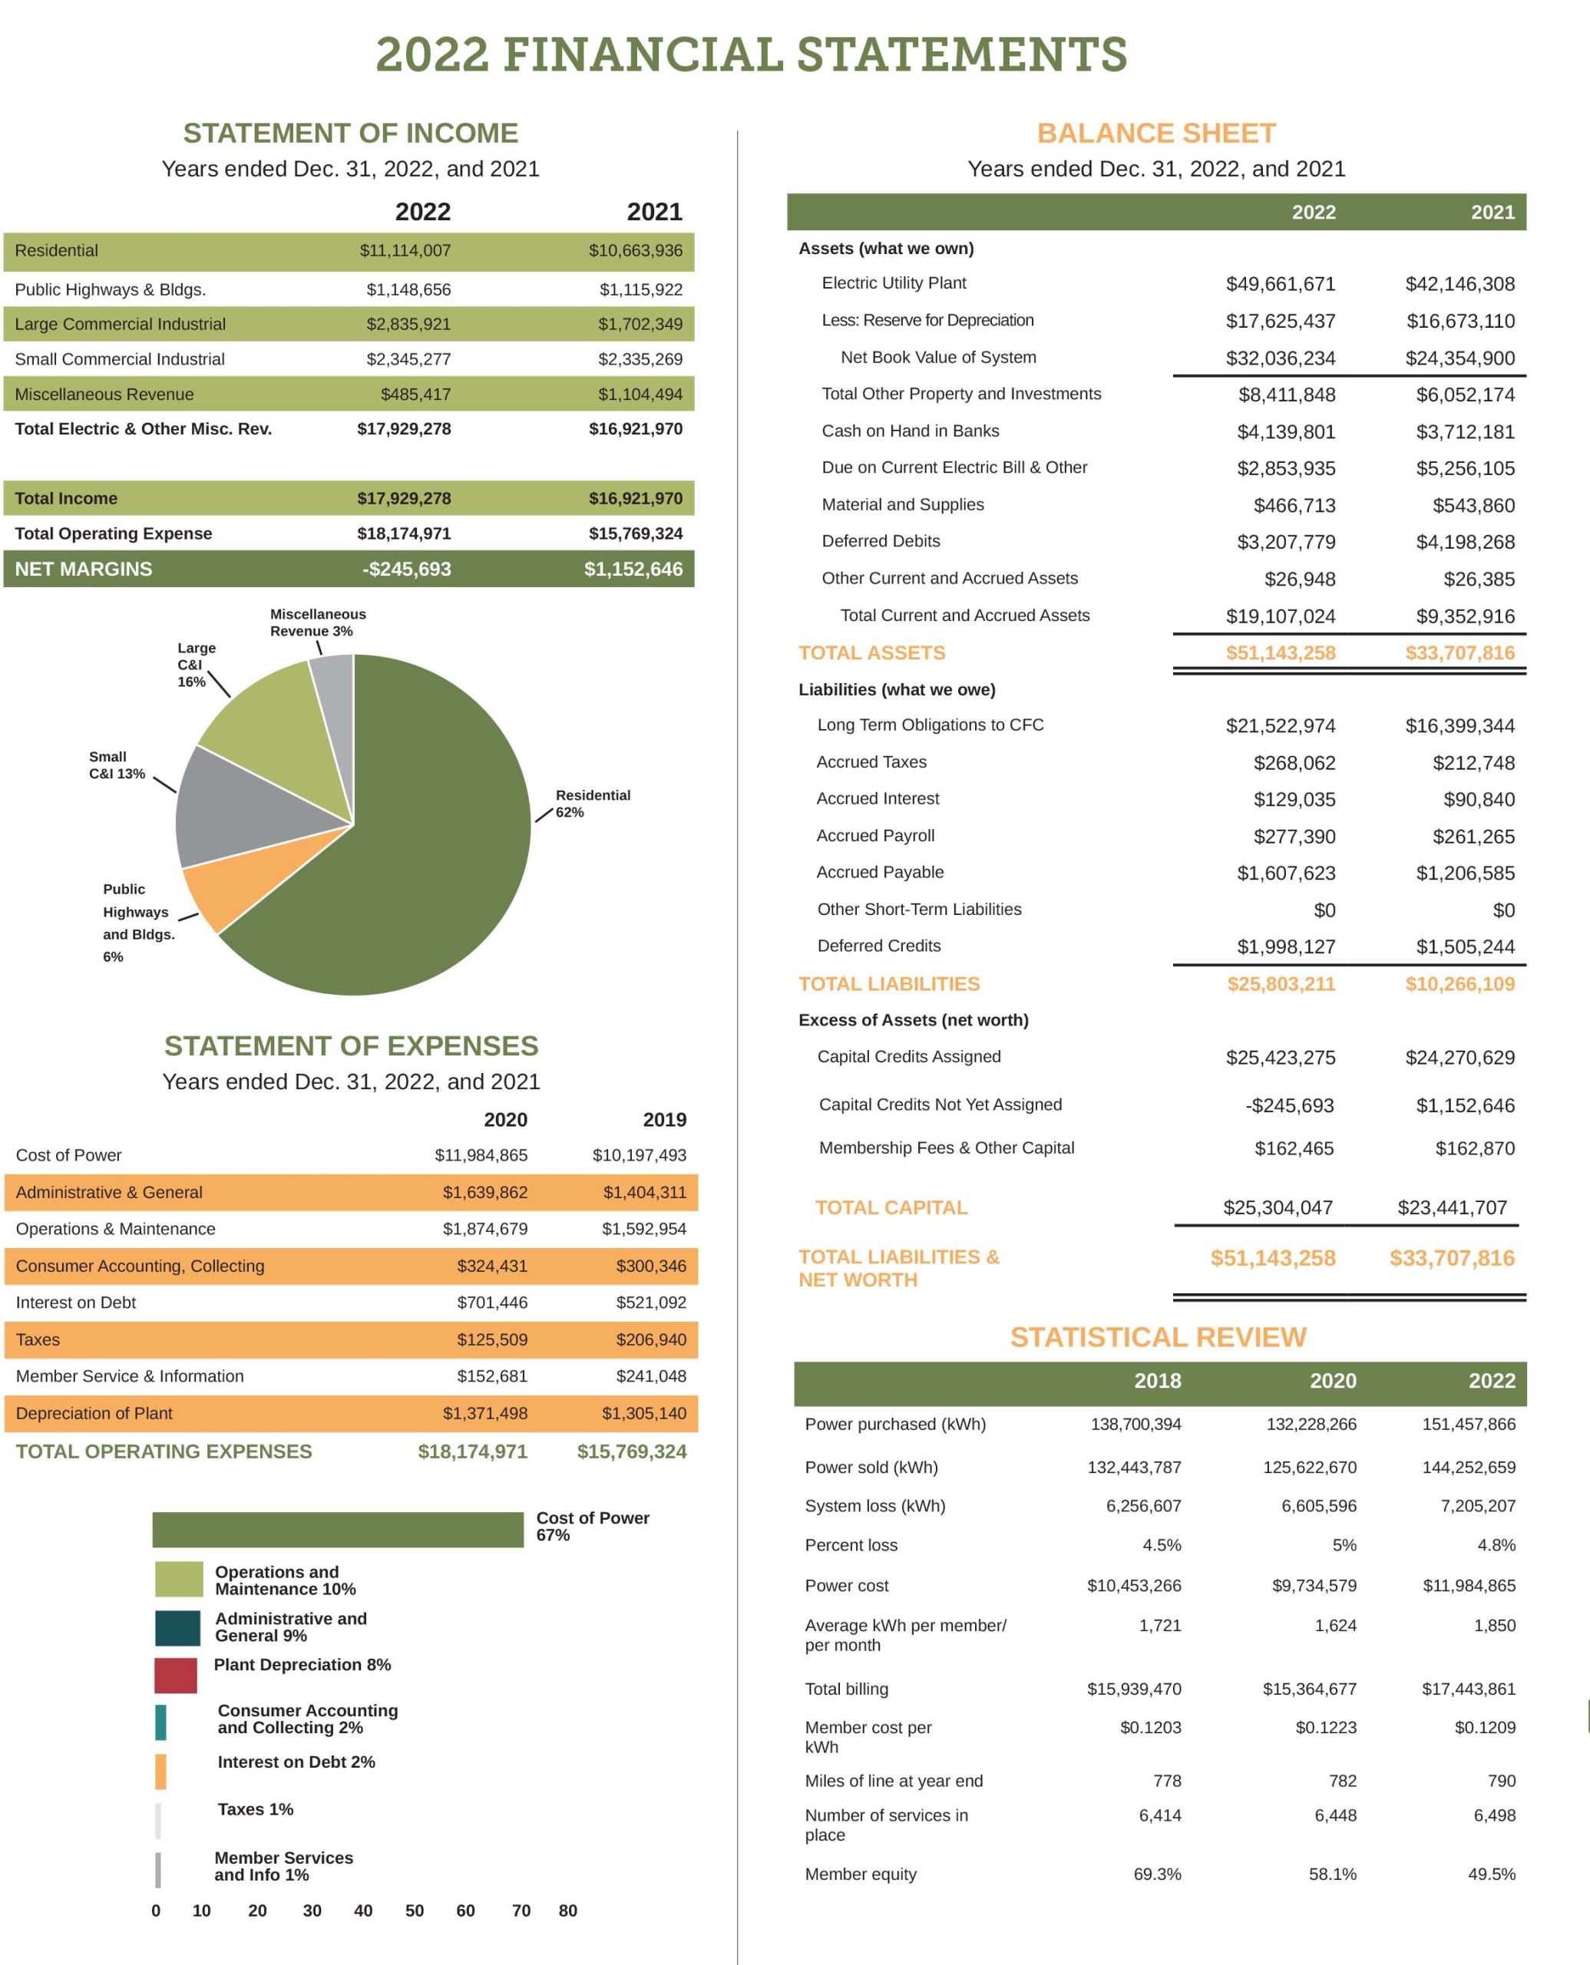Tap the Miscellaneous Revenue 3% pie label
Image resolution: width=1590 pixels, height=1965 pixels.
point(317,623)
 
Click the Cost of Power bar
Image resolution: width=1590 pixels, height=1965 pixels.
point(337,1529)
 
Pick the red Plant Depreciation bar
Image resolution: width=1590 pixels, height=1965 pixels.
point(176,1675)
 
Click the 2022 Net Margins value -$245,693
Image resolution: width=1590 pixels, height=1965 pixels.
point(407,569)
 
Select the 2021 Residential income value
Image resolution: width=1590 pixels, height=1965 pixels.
point(635,251)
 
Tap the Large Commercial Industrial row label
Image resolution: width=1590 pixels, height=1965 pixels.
point(120,324)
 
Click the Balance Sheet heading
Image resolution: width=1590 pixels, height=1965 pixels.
point(1156,134)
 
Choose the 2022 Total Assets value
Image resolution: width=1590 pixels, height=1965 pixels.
point(1280,653)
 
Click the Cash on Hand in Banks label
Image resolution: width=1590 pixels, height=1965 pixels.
point(910,431)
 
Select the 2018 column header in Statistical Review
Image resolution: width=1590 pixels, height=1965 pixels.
point(1157,1381)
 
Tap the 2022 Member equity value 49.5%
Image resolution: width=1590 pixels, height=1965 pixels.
point(1491,1874)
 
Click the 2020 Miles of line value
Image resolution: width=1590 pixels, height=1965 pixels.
point(1342,1780)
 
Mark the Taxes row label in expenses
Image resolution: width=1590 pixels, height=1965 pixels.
point(38,1339)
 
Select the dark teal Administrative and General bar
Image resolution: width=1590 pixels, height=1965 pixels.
point(177,1628)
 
